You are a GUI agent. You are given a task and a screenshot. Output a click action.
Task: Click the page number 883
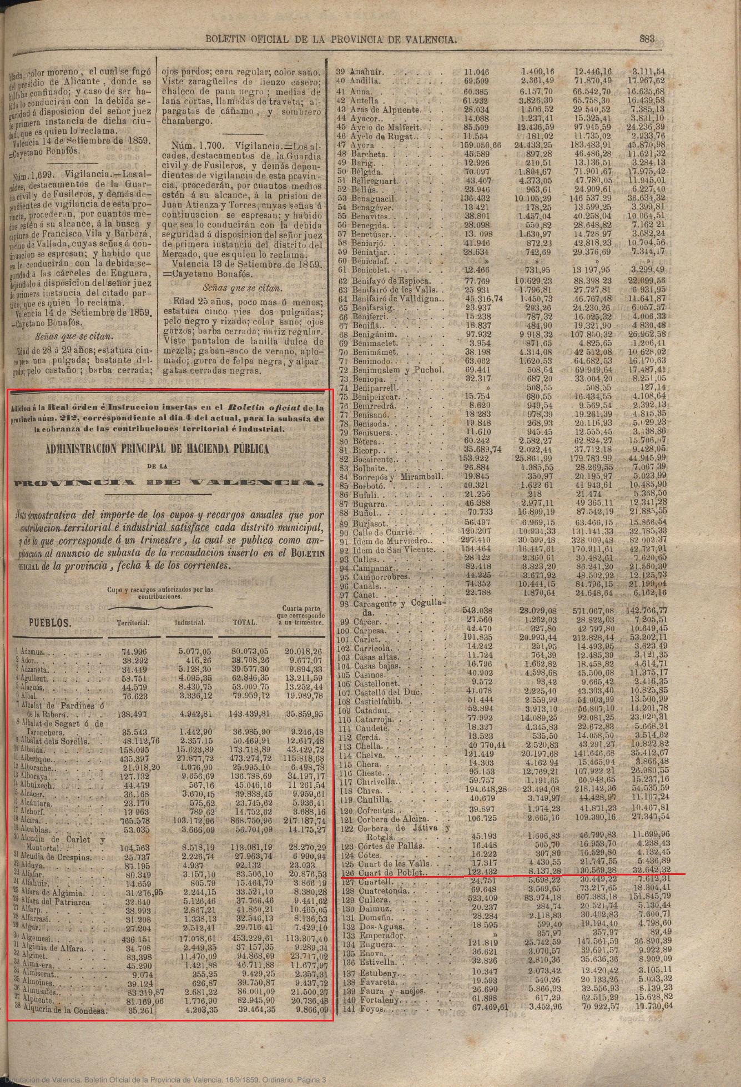point(647,39)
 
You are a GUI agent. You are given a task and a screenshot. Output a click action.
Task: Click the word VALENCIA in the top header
point(429,39)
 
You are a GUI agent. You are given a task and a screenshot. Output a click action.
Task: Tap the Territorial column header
point(133,623)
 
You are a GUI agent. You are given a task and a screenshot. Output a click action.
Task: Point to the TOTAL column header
point(244,622)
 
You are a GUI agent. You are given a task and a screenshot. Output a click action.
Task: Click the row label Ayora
point(364,145)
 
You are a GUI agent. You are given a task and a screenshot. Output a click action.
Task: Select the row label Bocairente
point(372,460)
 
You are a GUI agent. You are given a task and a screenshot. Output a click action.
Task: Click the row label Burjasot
point(369,524)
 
